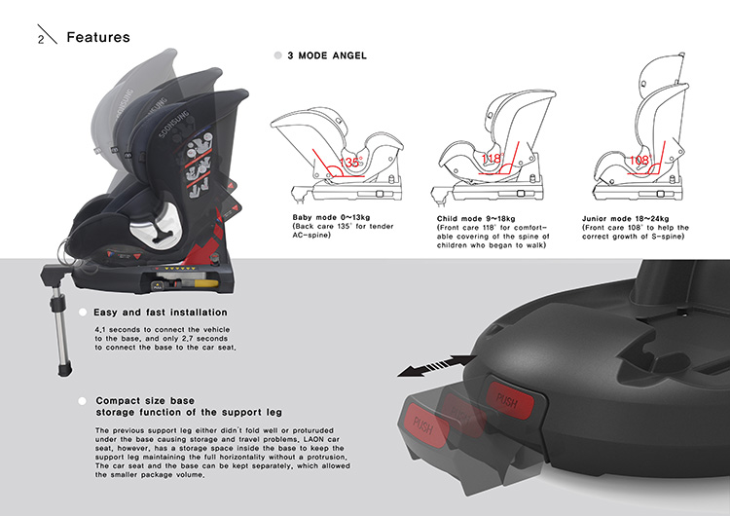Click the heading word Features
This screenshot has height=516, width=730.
point(97,37)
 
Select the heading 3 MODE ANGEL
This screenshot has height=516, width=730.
point(327,55)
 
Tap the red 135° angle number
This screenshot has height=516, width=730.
point(351,163)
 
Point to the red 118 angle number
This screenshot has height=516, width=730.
point(492,159)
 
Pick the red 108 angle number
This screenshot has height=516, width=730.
point(638,160)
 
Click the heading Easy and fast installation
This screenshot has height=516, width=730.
point(161,313)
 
